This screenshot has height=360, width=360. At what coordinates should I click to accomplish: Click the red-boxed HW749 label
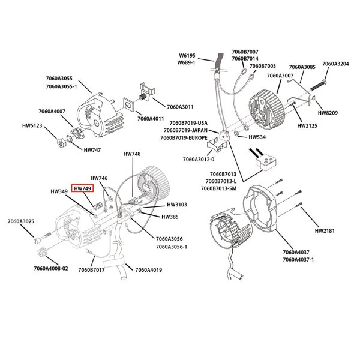[x=82, y=188]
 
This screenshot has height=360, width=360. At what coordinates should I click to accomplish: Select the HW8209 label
[x=328, y=112]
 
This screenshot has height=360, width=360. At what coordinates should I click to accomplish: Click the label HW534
[x=257, y=136]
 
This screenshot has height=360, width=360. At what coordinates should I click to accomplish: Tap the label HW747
[x=92, y=149]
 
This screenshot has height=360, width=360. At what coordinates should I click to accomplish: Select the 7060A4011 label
[x=151, y=118]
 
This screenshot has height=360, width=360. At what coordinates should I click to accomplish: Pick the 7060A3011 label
[x=180, y=107]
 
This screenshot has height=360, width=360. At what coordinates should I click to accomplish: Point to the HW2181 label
[x=326, y=230]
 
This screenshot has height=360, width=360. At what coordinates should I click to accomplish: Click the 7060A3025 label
[x=22, y=222]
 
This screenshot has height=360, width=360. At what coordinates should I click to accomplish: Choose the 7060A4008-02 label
[x=52, y=269]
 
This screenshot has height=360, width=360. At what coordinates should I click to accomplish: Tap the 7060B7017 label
[x=91, y=270]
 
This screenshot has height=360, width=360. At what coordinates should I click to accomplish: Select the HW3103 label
[x=177, y=205]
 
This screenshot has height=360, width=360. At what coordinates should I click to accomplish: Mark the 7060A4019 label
[x=148, y=270]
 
